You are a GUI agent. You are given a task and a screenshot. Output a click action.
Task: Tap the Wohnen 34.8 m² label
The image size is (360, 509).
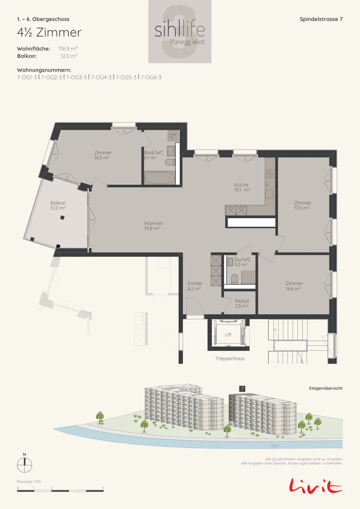pos(153,226)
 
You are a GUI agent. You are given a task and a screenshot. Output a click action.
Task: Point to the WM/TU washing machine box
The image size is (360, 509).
pos(173,136)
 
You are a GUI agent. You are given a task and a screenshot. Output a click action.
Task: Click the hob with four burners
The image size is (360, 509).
pos(270,174)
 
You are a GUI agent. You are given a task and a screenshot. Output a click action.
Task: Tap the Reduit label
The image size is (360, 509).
pos(242,303)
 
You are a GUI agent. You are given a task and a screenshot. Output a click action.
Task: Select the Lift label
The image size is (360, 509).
pos(228,334)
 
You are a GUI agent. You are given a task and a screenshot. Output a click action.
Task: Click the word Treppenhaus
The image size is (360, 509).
pos(230,358)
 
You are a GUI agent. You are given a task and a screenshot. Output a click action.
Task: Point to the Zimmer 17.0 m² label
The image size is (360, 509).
pos(302,205)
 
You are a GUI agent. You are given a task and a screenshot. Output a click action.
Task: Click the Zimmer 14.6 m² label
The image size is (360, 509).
pos(294,286)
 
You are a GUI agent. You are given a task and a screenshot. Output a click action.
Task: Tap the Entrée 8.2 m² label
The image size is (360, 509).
pos(194,286)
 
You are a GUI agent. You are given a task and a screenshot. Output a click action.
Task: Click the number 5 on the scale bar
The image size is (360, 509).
pos(103,488)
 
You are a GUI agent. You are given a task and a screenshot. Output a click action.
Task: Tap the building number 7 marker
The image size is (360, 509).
pos(242,388)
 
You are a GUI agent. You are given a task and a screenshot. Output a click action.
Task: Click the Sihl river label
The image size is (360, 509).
pos(274,445)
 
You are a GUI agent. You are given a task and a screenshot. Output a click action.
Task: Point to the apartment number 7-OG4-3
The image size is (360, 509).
pos(101,77)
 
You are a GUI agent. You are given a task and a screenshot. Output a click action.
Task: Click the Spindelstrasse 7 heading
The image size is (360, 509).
pos(321,19)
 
